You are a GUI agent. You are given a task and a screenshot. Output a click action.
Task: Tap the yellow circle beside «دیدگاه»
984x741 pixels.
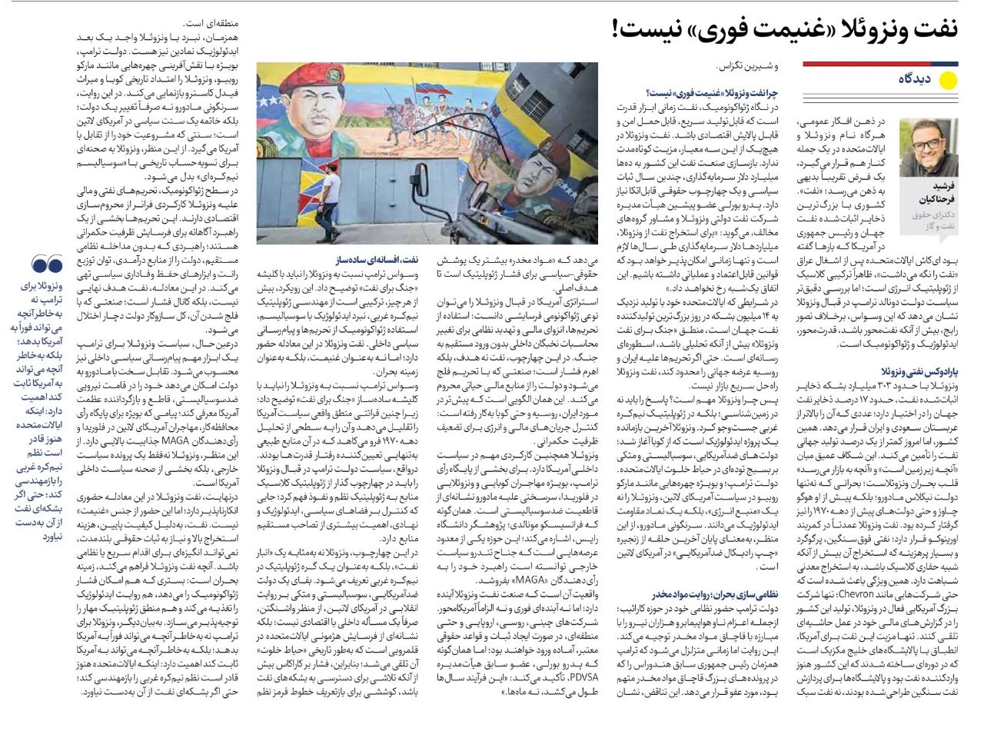[948, 80]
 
